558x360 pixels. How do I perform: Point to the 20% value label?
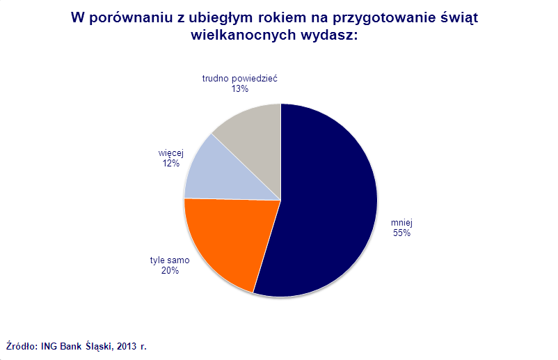170,271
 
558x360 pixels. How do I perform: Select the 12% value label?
171,163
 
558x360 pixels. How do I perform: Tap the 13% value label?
241,89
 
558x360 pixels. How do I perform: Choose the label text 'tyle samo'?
170,260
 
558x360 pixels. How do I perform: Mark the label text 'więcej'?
171,152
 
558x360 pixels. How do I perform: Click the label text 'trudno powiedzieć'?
240,79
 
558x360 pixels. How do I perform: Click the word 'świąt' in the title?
460,19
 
